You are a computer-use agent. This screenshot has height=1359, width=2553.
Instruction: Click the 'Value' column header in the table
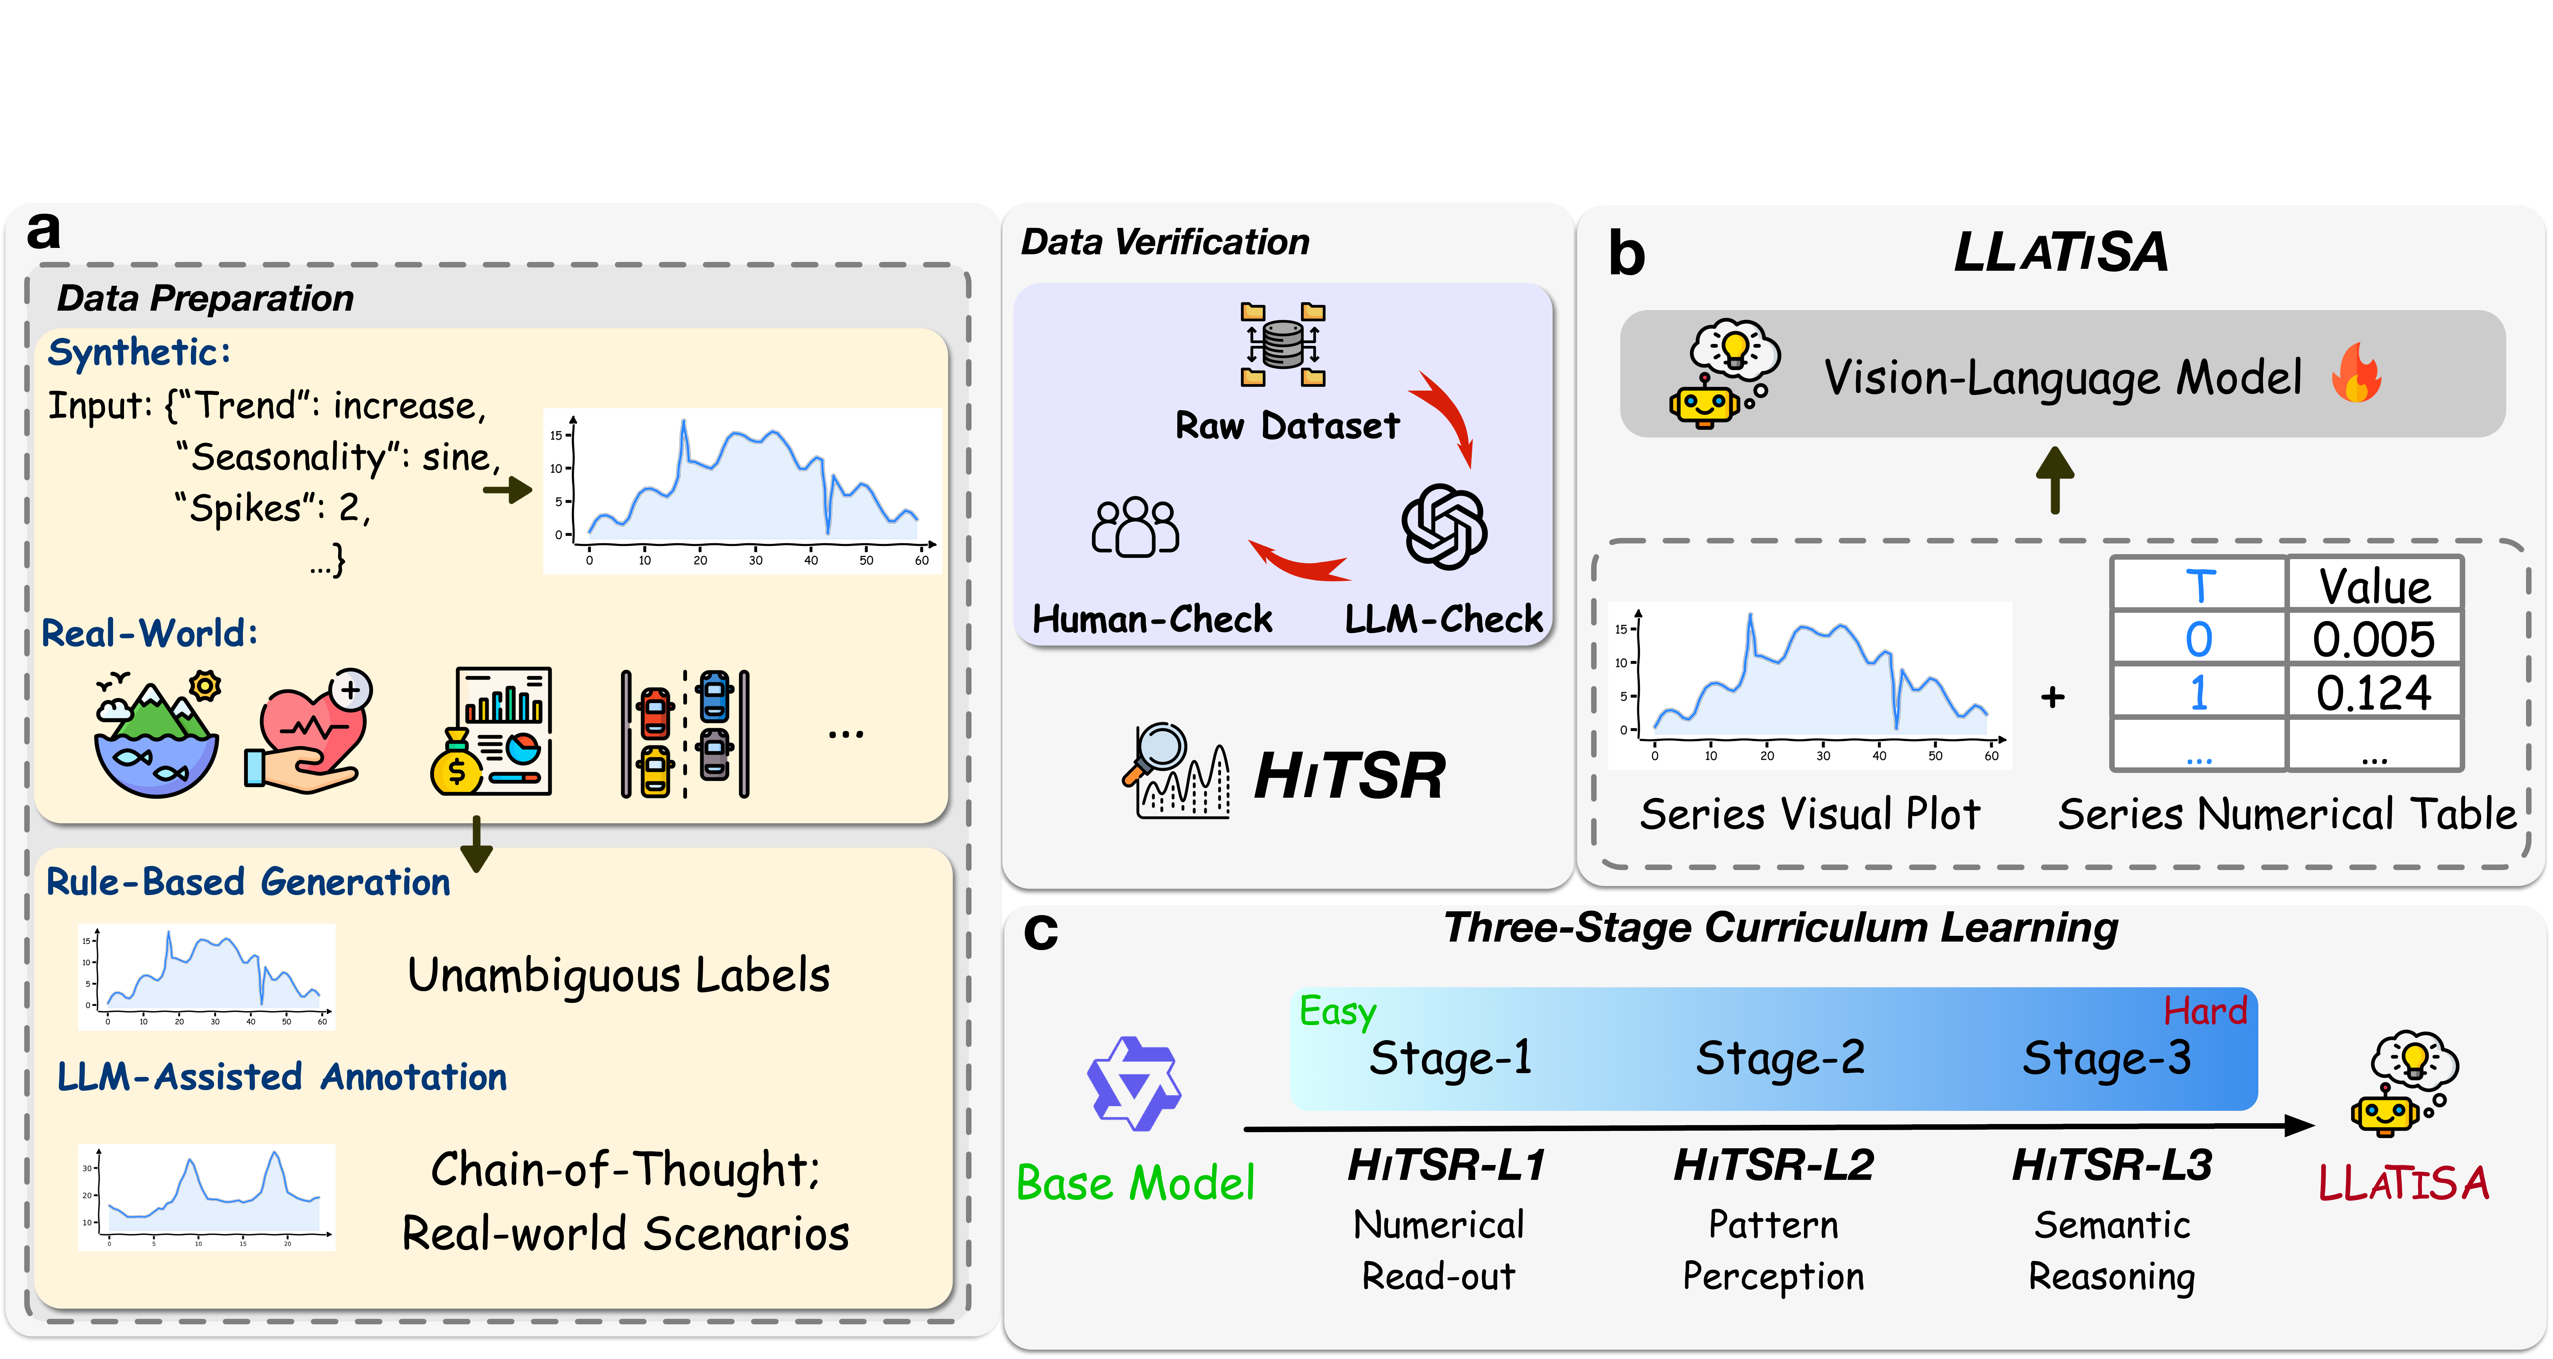point(2374,586)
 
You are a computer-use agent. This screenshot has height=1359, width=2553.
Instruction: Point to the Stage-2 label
point(1780,1059)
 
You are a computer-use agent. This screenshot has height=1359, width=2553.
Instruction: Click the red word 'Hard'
point(2204,1011)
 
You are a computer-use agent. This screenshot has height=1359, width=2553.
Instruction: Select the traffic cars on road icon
point(685,734)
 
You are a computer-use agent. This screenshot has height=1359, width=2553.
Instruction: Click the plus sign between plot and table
point(2053,698)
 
